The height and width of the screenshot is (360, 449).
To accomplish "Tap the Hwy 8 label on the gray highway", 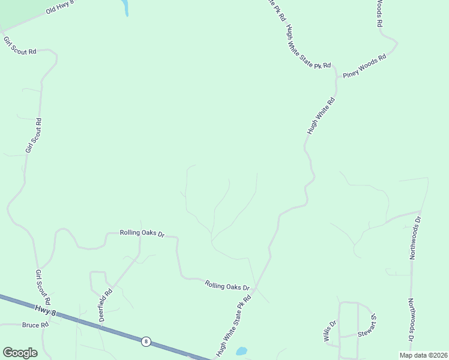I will (45, 310).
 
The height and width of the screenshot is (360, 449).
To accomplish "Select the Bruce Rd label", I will (35, 325).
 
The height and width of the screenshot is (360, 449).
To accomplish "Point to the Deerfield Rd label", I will (106, 305).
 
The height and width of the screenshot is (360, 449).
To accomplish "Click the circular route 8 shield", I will (146, 341).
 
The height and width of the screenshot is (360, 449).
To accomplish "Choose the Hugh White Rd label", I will (320, 115).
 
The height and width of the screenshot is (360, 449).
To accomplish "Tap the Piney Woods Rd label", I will (364, 66).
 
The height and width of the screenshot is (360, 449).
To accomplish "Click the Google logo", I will (20, 353).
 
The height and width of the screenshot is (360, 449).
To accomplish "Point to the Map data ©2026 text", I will (424, 355).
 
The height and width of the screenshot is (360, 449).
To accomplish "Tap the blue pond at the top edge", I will (125, 8).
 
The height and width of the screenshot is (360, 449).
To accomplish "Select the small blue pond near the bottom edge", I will (241, 351).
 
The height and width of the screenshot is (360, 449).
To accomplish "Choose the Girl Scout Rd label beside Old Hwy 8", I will (20, 46).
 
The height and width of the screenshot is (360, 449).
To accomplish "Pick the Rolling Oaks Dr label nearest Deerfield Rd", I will (142, 232).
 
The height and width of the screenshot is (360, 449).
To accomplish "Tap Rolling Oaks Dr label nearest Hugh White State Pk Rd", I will (227, 286).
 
